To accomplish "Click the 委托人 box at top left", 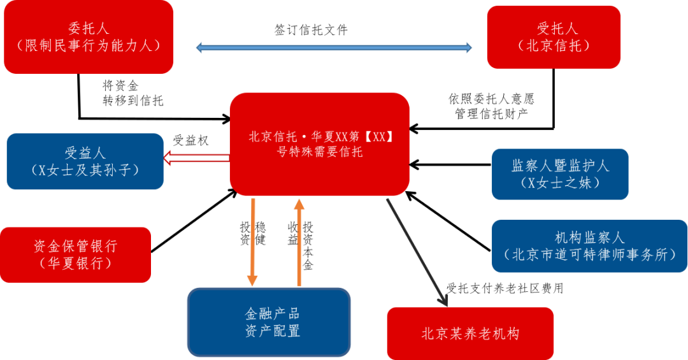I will pyautogui.click(x=89, y=36).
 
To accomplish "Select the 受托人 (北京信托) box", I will pyautogui.click(x=554, y=36).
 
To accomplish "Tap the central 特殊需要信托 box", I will pyautogui.click(x=319, y=144).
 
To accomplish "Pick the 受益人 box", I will pyautogui.click(x=85, y=161).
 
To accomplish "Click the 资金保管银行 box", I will pyautogui.click(x=75, y=254).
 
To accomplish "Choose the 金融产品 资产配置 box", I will pyautogui.click(x=269, y=322).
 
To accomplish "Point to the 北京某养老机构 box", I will pyautogui.click(x=470, y=333).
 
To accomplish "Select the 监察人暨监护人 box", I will pyautogui.click(x=560, y=174).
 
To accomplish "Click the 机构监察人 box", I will pyautogui.click(x=589, y=246).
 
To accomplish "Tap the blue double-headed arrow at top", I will pyautogui.click(x=334, y=47).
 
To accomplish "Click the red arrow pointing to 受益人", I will pyautogui.click(x=196, y=157).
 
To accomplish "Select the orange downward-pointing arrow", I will pyautogui.click(x=252, y=242).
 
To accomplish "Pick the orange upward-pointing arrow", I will pyautogui.click(x=298, y=242).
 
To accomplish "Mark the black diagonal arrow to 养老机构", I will pyautogui.click(x=417, y=252).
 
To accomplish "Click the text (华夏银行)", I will pyautogui.click(x=75, y=263).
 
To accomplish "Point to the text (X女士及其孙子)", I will pyautogui.click(x=85, y=170).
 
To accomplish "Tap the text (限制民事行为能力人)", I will pyautogui.click(x=89, y=45).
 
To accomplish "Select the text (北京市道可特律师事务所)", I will pyautogui.click(x=589, y=255).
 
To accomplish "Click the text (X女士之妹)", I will pyautogui.click(x=560, y=183).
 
